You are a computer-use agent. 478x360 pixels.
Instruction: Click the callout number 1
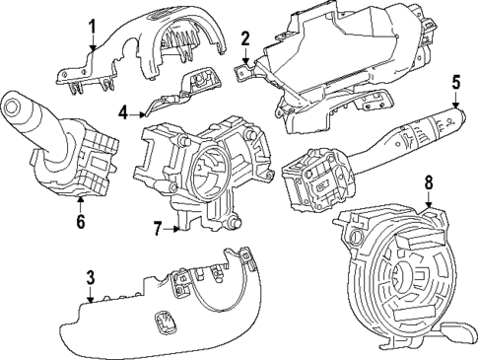(92, 26)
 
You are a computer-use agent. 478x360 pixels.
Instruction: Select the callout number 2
(244, 40)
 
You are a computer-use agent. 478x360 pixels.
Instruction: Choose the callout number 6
(80, 221)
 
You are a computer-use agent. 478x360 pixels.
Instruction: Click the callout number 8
(429, 183)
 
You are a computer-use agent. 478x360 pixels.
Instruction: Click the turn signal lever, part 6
(59, 148)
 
